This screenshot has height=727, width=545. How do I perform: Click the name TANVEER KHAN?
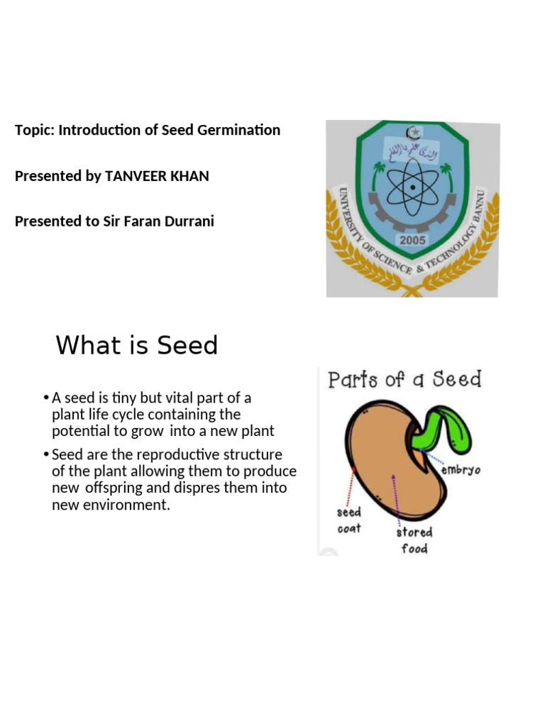point(157,176)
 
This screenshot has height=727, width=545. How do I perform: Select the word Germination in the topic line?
point(241,130)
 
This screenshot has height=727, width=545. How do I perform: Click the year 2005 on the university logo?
point(412,240)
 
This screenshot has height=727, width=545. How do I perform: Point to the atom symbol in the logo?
point(412,188)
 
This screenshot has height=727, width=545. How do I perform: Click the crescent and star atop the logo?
point(412,133)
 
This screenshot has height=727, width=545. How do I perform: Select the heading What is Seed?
point(136,346)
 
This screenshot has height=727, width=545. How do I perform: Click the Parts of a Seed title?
point(404,379)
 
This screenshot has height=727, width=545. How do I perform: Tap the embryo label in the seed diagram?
point(461,470)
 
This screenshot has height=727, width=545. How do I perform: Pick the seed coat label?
point(348,520)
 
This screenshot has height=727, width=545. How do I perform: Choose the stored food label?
point(414,540)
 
